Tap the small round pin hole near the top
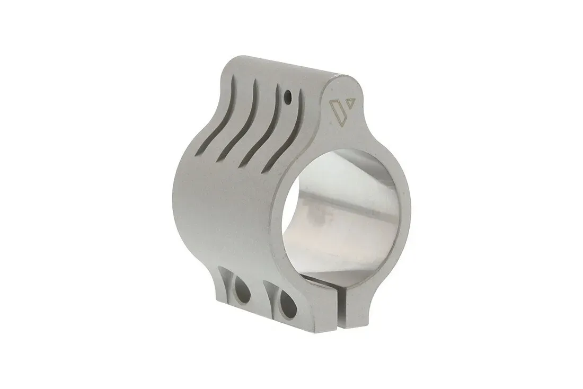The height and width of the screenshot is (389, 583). point(287,97)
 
